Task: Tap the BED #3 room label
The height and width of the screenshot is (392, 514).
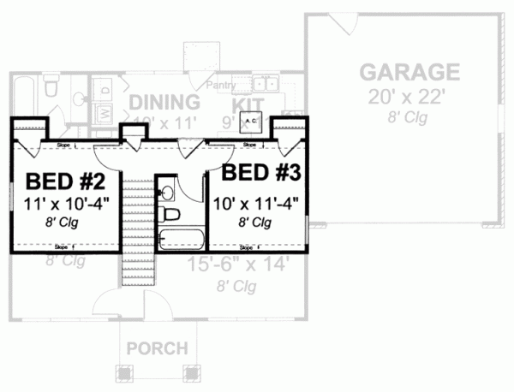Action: coord(260,171)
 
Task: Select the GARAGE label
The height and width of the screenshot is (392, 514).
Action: coord(409,70)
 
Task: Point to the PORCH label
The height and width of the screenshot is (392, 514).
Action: coord(158,348)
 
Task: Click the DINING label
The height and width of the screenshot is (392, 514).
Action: coord(164,103)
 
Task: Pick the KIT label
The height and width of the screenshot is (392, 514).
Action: coord(250,103)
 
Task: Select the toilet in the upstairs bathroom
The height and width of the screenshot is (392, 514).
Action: coord(170,214)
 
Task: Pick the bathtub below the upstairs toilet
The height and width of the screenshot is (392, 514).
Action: coord(181,238)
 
